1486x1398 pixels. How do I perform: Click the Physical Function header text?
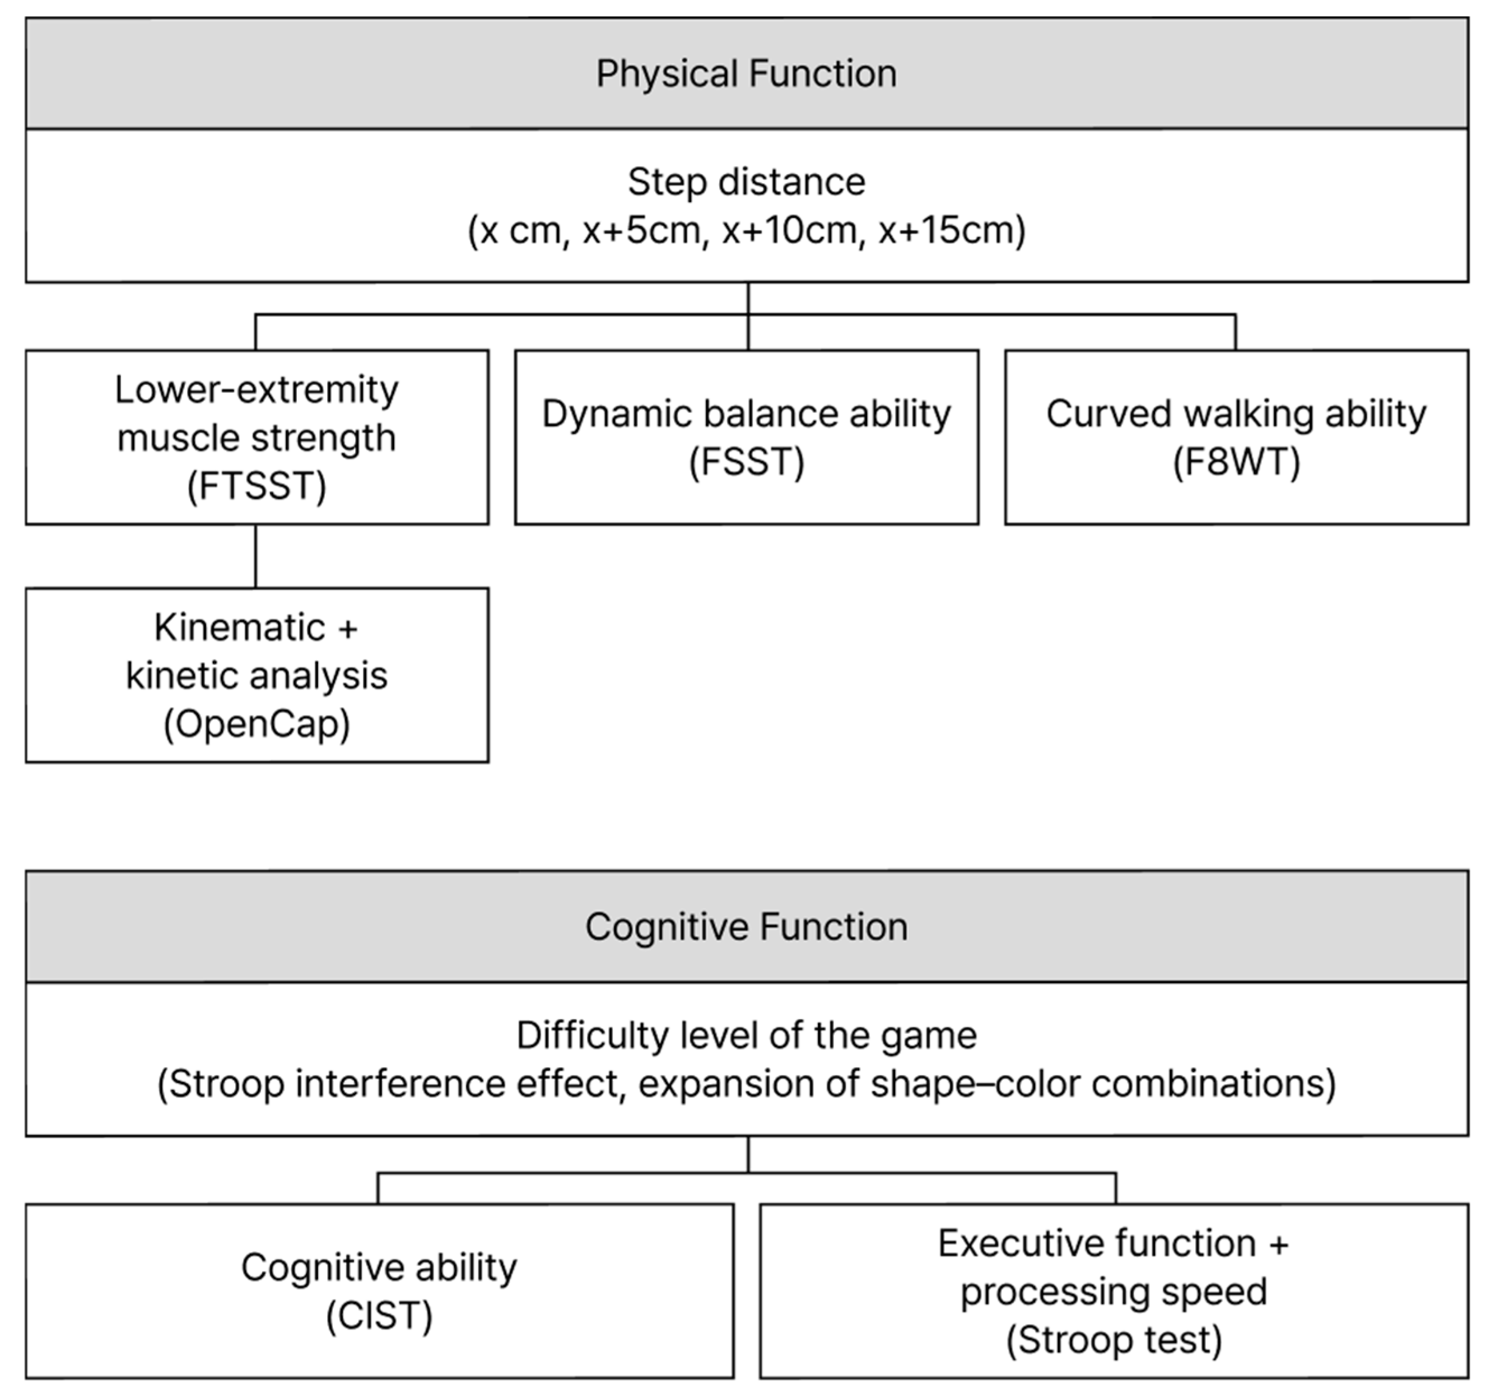(x=746, y=74)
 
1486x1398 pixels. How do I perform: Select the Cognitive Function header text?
(x=746, y=927)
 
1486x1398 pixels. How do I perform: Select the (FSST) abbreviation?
(x=746, y=462)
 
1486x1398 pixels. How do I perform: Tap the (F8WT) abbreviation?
(x=1236, y=462)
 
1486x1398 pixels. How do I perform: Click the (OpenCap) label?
(x=257, y=724)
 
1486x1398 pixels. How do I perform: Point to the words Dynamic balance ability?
(x=746, y=414)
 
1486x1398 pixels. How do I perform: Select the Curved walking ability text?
(x=1236, y=414)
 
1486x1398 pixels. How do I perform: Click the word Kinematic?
(x=239, y=628)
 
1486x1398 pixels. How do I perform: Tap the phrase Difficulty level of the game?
(x=746, y=1036)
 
